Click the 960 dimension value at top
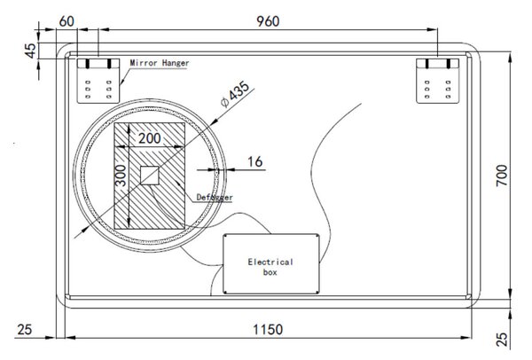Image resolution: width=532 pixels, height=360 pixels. (x=268, y=21)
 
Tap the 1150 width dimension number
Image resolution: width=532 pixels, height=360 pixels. (x=268, y=330)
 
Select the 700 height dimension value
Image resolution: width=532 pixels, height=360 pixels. (x=502, y=175)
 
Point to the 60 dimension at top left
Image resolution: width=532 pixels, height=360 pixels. (x=66, y=21)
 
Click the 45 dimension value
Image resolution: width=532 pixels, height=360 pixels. (x=30, y=51)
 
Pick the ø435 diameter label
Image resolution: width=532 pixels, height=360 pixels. (x=235, y=94)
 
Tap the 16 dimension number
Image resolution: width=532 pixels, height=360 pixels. (x=254, y=162)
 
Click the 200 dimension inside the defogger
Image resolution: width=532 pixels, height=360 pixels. (x=149, y=138)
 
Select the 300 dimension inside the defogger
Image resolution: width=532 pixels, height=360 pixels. (x=121, y=176)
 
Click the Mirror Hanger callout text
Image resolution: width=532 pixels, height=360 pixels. (x=160, y=63)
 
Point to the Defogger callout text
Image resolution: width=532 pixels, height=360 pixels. (x=215, y=197)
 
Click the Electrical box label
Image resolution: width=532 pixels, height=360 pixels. (x=270, y=267)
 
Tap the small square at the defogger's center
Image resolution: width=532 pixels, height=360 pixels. (x=150, y=176)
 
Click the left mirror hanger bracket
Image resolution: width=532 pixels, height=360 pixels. (x=98, y=81)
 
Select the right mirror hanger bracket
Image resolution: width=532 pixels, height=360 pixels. (x=438, y=81)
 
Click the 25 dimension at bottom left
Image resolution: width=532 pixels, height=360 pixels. (x=25, y=330)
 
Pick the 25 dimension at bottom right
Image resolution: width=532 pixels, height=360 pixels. (x=502, y=339)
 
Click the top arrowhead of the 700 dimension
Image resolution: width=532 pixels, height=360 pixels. (x=510, y=58)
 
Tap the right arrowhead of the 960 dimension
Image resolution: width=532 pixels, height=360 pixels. (x=433, y=29)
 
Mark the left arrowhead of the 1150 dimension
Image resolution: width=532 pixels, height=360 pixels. (x=70, y=338)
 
